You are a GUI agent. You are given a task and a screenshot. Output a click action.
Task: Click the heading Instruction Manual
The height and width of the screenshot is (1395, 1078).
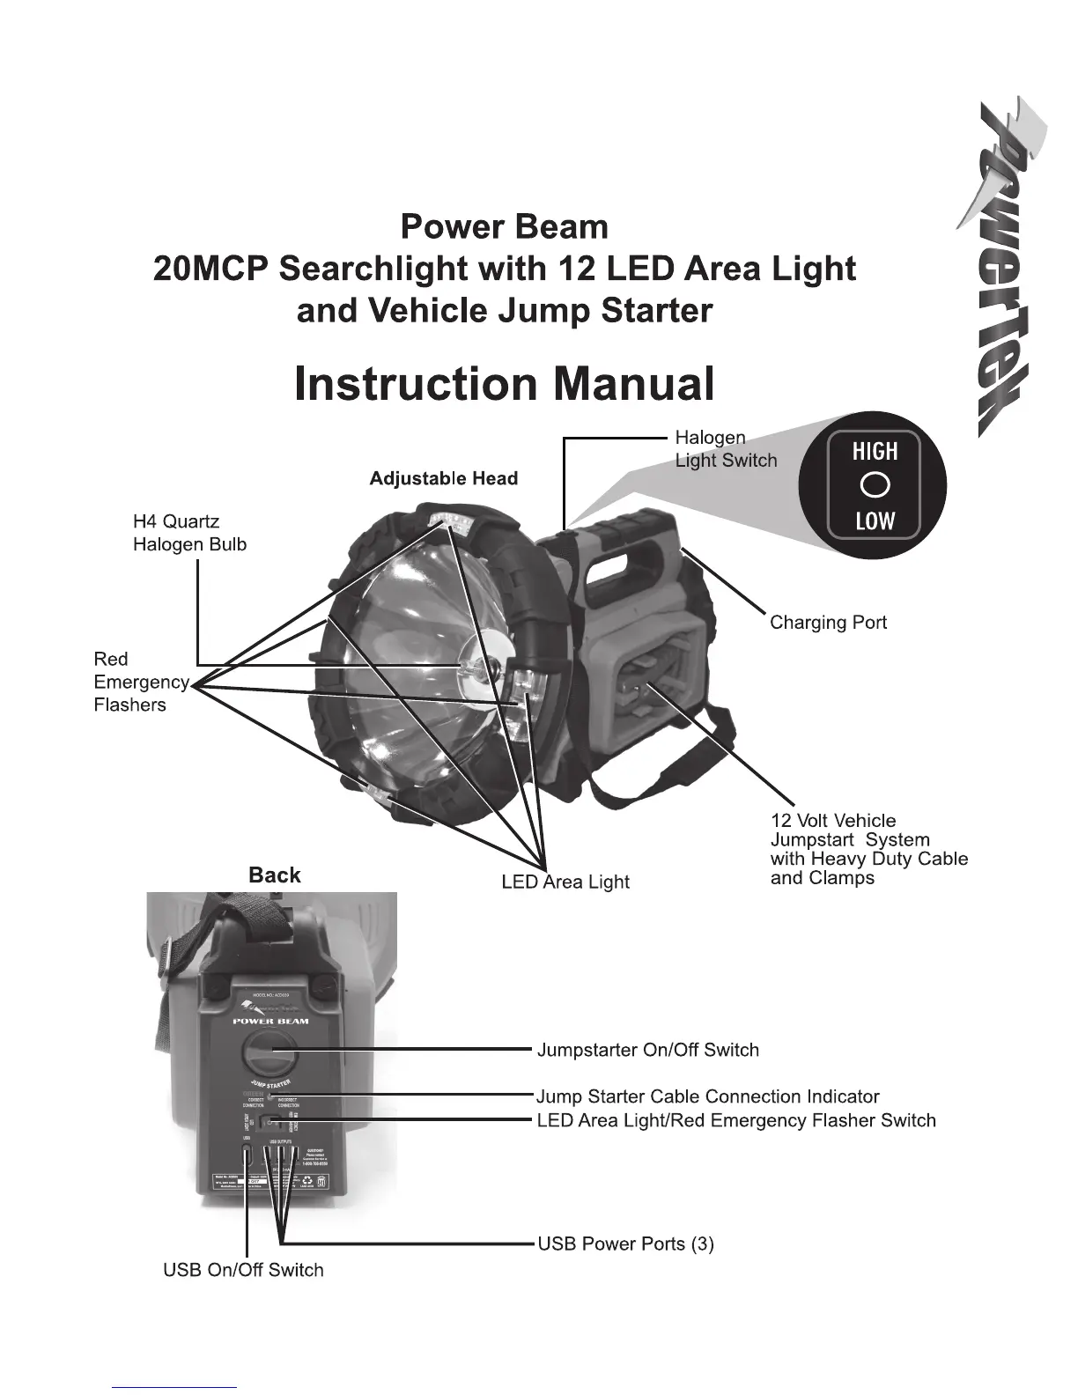click(504, 385)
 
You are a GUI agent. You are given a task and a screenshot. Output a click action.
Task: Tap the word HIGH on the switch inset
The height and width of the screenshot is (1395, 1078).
click(875, 452)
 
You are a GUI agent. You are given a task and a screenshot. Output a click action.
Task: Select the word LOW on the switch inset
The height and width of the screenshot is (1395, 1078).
click(875, 521)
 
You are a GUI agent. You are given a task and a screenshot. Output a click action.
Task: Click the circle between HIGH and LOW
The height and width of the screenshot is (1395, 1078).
click(875, 486)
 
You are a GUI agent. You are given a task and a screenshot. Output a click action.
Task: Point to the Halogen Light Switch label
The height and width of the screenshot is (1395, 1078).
click(726, 448)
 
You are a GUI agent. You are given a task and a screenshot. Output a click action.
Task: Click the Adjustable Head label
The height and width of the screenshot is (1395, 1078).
click(443, 478)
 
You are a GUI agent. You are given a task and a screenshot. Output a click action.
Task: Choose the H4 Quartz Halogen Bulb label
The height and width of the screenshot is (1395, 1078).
click(189, 533)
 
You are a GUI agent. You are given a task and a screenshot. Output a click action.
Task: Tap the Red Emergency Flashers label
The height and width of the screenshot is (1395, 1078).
click(140, 682)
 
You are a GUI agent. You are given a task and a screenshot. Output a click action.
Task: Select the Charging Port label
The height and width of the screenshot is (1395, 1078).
click(828, 623)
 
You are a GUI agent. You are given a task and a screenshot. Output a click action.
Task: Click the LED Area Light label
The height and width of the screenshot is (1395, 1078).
click(565, 882)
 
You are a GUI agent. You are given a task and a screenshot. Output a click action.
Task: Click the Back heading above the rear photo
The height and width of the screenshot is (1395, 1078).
click(274, 875)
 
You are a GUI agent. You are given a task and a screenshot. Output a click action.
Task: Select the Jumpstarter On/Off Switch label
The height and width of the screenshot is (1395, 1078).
click(647, 1050)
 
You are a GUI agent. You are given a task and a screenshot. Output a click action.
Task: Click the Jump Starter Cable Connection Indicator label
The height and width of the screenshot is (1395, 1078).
click(708, 1096)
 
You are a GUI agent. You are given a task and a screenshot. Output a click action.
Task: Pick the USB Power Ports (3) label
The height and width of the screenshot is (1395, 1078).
click(625, 1244)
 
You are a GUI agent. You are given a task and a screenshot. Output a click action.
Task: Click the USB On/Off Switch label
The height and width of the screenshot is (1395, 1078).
click(243, 1270)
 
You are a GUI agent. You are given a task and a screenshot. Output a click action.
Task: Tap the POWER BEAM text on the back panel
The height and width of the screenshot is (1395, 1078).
click(270, 1022)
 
